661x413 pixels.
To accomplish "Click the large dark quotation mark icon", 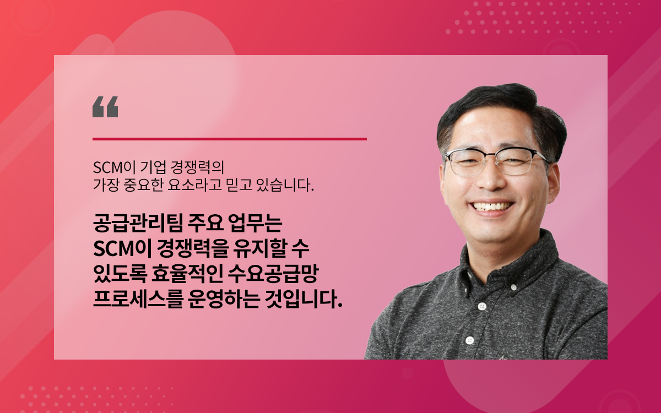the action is tap(105, 107).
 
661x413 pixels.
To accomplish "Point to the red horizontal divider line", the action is tap(230, 139).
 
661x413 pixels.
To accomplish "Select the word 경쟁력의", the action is tap(193, 167).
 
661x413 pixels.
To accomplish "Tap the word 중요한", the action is tap(144, 185).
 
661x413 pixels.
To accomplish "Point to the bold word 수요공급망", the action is tap(273, 274).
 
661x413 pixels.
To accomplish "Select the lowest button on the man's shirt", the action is tap(469, 340).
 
